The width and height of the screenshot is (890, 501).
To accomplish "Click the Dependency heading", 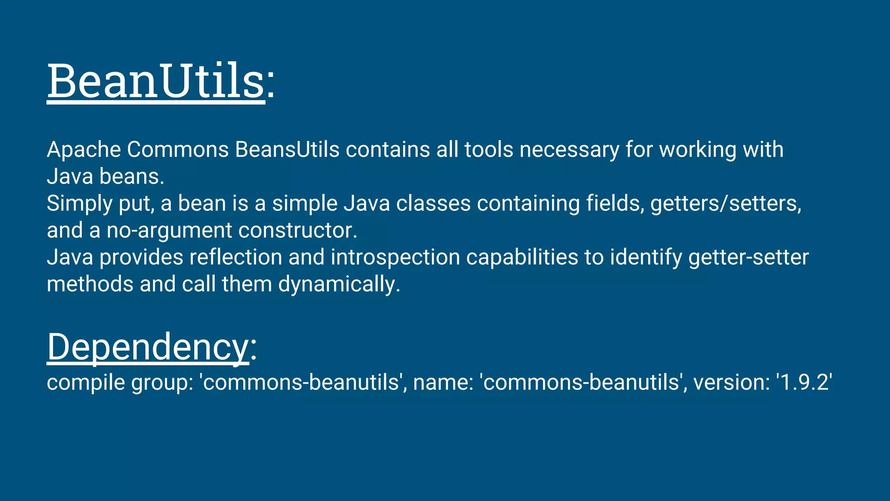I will pos(148,347).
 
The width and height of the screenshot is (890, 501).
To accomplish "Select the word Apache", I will pos(84,150).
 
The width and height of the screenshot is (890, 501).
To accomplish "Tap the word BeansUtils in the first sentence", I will pos(287,150).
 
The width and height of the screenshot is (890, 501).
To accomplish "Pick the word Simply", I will pos(79,204).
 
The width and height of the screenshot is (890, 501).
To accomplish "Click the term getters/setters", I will pos(725,204).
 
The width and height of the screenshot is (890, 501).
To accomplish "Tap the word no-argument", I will pos(169,231).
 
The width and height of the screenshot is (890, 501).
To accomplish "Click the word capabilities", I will pos(522,258).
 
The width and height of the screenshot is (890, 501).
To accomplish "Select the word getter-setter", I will pos(748,257).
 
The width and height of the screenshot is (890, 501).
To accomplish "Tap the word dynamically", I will pos(339,285).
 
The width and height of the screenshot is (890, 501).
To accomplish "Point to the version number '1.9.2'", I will pos(804,382).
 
